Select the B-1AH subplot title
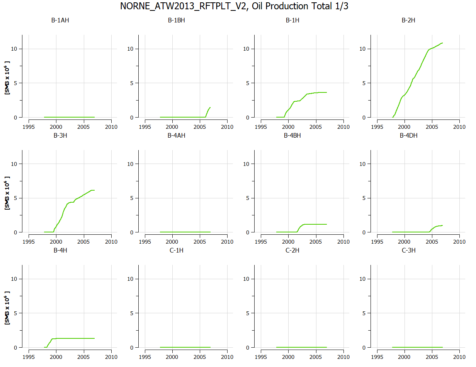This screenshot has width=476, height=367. tap(60, 20)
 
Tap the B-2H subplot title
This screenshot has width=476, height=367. tap(408, 20)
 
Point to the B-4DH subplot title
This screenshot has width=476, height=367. tap(408, 135)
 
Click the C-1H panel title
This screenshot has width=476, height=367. tap(176, 250)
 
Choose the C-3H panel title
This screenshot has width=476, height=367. tap(408, 250)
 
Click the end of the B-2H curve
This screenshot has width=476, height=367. tap(442, 43)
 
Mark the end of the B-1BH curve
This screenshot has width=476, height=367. tap(210, 108)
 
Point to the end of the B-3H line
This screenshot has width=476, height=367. tap(94, 190)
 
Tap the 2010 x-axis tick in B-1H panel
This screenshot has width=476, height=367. tap(343, 126)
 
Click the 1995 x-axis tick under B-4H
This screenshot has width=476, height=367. tap(29, 357)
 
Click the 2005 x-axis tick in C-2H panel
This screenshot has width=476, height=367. tap(316, 357)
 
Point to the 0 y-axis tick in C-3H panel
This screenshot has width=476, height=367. tap(367, 347)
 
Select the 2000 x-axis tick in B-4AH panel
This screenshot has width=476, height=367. tap(172, 242)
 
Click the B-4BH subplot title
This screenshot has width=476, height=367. tap(292, 135)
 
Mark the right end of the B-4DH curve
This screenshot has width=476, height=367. tap(442, 225)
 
